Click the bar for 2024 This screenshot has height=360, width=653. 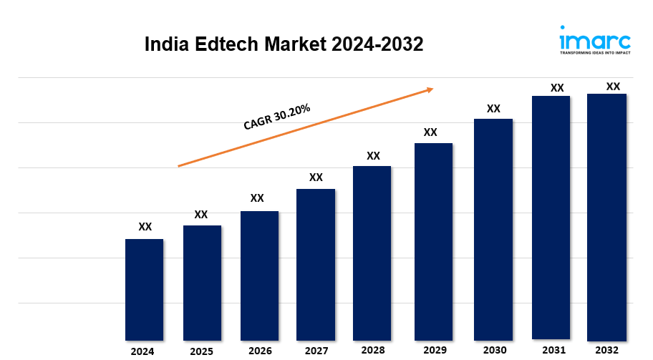pos(144,289)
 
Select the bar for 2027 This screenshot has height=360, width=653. pos(316,264)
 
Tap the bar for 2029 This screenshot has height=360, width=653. pos(433,241)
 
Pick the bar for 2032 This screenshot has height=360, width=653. pos(606,217)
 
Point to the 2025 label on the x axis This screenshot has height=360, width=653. pos(201,351)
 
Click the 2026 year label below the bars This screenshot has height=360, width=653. pos(260,351)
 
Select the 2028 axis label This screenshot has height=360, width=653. pos(372,350)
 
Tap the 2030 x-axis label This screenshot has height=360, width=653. pos(493,349)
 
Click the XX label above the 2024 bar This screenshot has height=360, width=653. pos(145,227)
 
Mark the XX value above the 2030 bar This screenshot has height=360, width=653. pos(493,109)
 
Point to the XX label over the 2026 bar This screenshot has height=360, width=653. pos(257,198)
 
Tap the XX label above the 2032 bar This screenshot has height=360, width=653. pos(613,87)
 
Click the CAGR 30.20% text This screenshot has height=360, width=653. pos(276,117)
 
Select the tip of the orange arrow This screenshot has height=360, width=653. pos(432,89)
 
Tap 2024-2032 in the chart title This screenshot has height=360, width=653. pos(377,44)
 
